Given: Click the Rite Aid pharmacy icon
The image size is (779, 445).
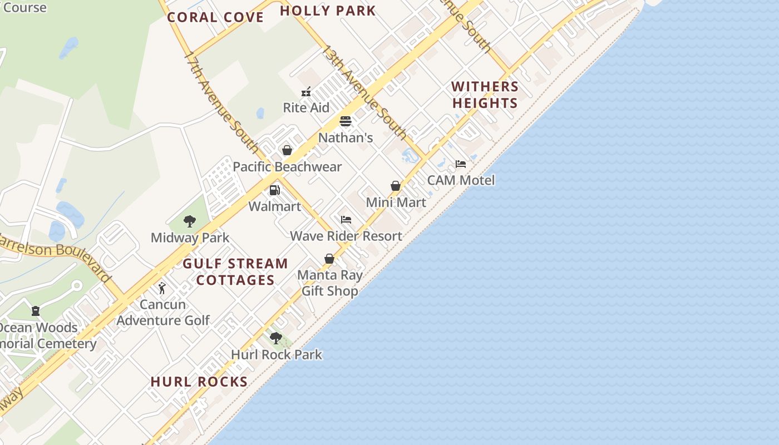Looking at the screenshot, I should (x=306, y=92).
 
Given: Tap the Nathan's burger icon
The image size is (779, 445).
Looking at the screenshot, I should (x=346, y=121).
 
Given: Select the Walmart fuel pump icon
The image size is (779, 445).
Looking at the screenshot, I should (x=274, y=190).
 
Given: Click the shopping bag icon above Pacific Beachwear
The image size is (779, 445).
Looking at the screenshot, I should (x=287, y=150).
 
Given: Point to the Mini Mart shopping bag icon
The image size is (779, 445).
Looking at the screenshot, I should (x=396, y=186).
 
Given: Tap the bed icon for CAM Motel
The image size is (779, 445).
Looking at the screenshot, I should (x=461, y=164).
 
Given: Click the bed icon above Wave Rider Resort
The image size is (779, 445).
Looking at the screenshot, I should (x=346, y=220).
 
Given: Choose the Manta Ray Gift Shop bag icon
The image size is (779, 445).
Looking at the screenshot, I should (x=329, y=259).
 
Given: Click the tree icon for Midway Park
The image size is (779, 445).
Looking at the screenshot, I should (x=190, y=221).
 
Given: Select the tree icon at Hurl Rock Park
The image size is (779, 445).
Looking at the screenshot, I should (x=276, y=338).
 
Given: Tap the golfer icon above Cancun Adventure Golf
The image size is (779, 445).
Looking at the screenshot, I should (x=162, y=288).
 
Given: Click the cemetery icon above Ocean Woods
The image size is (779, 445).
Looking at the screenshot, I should (x=36, y=311).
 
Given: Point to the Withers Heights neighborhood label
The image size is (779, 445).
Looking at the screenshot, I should (x=485, y=95).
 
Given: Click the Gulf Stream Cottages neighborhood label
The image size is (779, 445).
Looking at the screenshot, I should (x=235, y=271).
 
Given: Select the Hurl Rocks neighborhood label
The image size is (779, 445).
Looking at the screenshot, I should (x=199, y=382).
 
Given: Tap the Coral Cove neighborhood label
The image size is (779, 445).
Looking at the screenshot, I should (x=215, y=17).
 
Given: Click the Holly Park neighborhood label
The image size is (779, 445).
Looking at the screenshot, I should (x=328, y=11).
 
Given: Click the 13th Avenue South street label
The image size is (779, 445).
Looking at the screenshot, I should (x=364, y=92).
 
